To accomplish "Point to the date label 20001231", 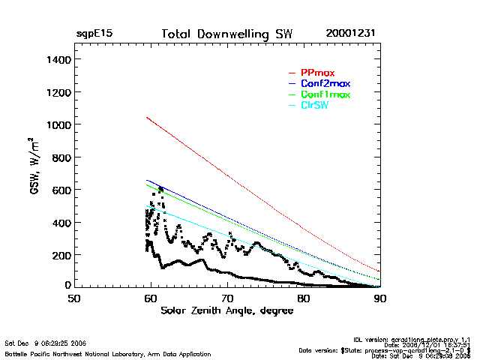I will (x=351, y=34).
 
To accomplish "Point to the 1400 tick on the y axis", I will (x=58, y=59).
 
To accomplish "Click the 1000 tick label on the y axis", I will (x=58, y=124).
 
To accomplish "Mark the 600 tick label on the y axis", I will (x=61, y=190).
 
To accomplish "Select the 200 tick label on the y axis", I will (x=61, y=255).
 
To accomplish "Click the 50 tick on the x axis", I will (x=73, y=298).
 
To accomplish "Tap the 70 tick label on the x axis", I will (x=226, y=298).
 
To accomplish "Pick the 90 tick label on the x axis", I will (x=380, y=298).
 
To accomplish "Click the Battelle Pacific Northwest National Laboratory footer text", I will (x=108, y=353).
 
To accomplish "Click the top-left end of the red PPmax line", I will (x=147, y=117).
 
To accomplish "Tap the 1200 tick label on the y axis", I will (x=58, y=92).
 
